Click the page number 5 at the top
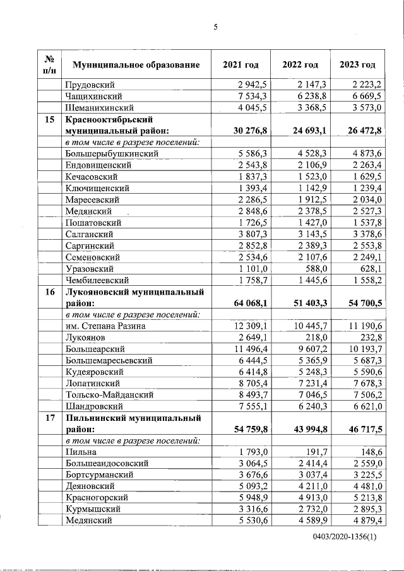(215, 26)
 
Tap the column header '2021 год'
(241, 65)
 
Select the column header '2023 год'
(357, 65)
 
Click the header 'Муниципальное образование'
(136, 65)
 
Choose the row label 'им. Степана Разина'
(105, 326)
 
